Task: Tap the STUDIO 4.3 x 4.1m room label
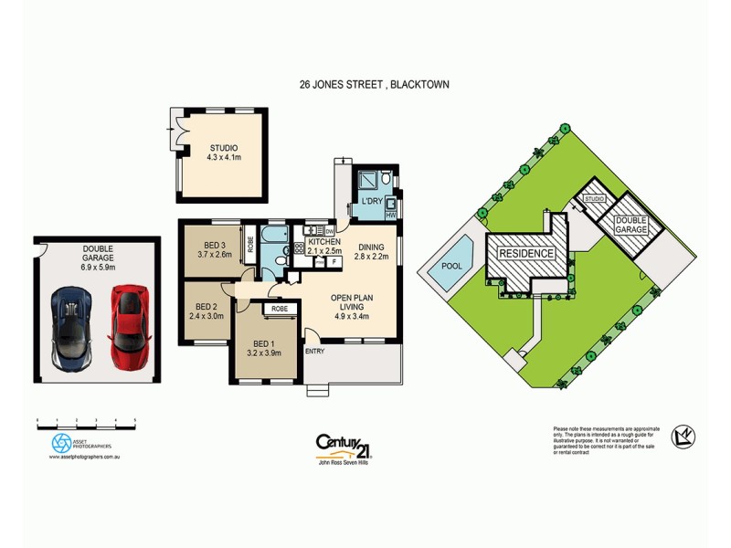click(x=223, y=152)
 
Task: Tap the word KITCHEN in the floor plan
click(x=324, y=242)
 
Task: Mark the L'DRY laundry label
click(x=371, y=200)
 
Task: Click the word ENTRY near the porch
click(x=314, y=352)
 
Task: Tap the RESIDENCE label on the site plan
click(x=525, y=253)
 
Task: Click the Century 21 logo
click(x=343, y=445)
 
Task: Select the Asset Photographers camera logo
click(x=61, y=443)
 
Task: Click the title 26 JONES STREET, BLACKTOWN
click(x=374, y=84)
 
